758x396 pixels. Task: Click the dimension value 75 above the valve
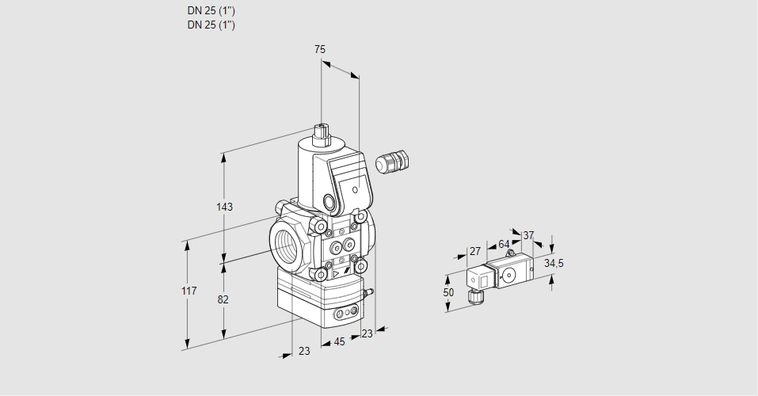point(320,49)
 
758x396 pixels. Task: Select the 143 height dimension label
point(224,207)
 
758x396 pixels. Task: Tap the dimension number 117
point(188,292)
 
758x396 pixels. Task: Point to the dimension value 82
point(223,299)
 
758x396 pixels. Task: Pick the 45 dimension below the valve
point(339,341)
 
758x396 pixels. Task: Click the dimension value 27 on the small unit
point(475,251)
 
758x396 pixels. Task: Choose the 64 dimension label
point(504,244)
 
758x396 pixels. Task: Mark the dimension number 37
point(528,235)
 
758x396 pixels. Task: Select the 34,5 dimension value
point(554,263)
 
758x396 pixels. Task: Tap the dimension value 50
point(449,292)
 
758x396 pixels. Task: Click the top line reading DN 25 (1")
point(211,11)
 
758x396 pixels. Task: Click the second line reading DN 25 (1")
point(211,25)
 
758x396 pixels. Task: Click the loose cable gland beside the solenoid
point(390,162)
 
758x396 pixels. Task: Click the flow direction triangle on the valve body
point(336,274)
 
